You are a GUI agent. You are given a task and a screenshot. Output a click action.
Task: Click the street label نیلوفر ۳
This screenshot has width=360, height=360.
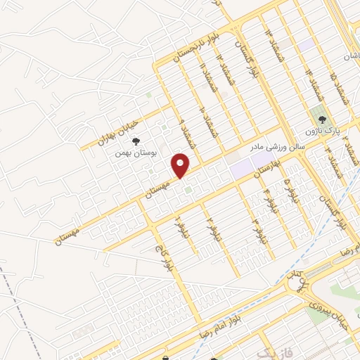(262, 231)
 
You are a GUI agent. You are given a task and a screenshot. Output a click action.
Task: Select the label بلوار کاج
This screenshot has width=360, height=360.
(160, 245)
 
